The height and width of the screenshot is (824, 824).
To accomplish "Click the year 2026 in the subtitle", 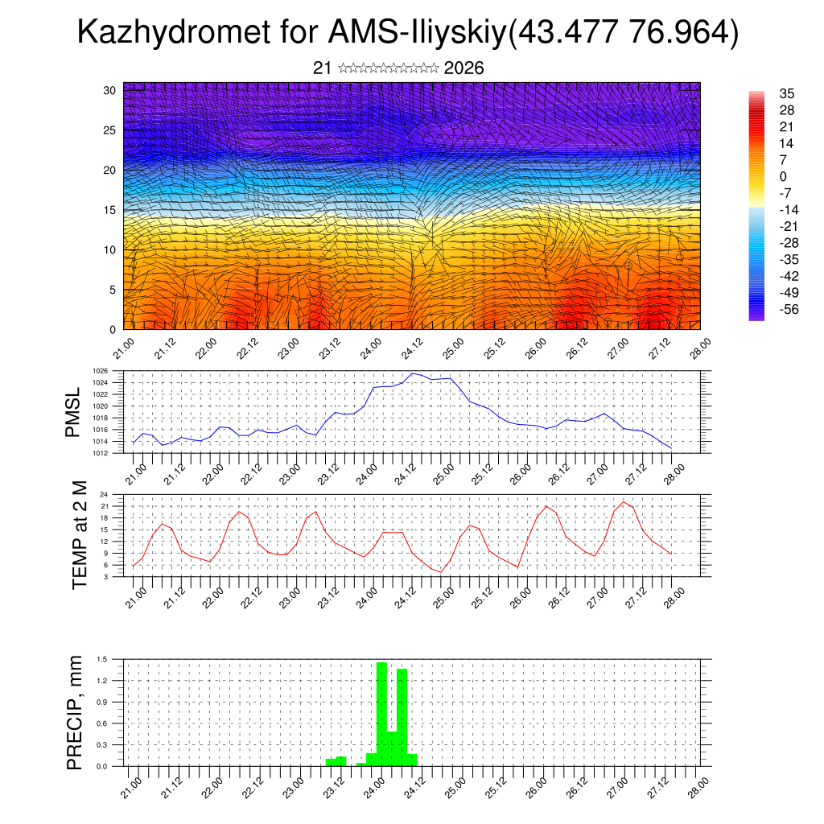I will pyautogui.click(x=463, y=68).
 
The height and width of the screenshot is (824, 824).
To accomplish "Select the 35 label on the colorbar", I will pyautogui.click(x=787, y=93).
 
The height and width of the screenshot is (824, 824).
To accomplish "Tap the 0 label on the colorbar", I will pyautogui.click(x=783, y=177).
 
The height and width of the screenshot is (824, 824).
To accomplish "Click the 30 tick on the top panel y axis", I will pyautogui.click(x=109, y=90).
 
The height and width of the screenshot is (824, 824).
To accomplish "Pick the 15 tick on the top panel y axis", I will pyautogui.click(x=109, y=210).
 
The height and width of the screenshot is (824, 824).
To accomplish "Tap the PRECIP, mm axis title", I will pyautogui.click(x=75, y=712).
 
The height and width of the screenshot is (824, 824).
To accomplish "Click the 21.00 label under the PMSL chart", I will pyautogui.click(x=134, y=470).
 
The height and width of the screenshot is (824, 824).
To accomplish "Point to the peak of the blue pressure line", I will pyautogui.click(x=413, y=373).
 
